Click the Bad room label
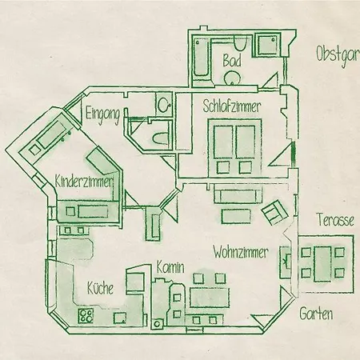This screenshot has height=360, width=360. click(232, 60)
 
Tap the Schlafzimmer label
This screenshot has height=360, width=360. click(231, 106)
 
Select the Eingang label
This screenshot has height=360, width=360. click(102, 115)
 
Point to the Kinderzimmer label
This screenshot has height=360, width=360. click(84, 182)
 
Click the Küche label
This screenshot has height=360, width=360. click(100, 288)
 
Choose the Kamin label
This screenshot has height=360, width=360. click(170, 267)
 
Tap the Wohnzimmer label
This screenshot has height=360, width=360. click(241, 252)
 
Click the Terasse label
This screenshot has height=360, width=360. click(335, 220)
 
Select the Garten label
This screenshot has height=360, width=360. click(316, 314)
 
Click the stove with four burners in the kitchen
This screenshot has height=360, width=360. click(86, 315)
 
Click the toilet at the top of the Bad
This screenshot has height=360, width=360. click(239, 44)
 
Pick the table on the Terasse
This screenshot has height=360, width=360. click(323, 263)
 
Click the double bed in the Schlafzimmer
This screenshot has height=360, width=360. click(234, 147)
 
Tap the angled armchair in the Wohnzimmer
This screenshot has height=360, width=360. click(274, 212)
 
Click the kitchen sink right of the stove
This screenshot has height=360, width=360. click(120, 318)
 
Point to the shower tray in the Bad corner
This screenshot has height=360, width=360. click(268, 45)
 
